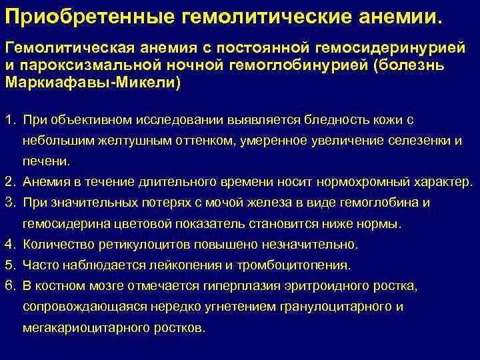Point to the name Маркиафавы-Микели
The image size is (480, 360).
(x=92, y=85)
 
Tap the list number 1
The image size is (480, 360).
(x=9, y=120)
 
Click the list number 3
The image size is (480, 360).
(x=9, y=202)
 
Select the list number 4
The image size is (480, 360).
(x=9, y=245)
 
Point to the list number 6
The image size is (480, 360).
(x=9, y=286)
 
